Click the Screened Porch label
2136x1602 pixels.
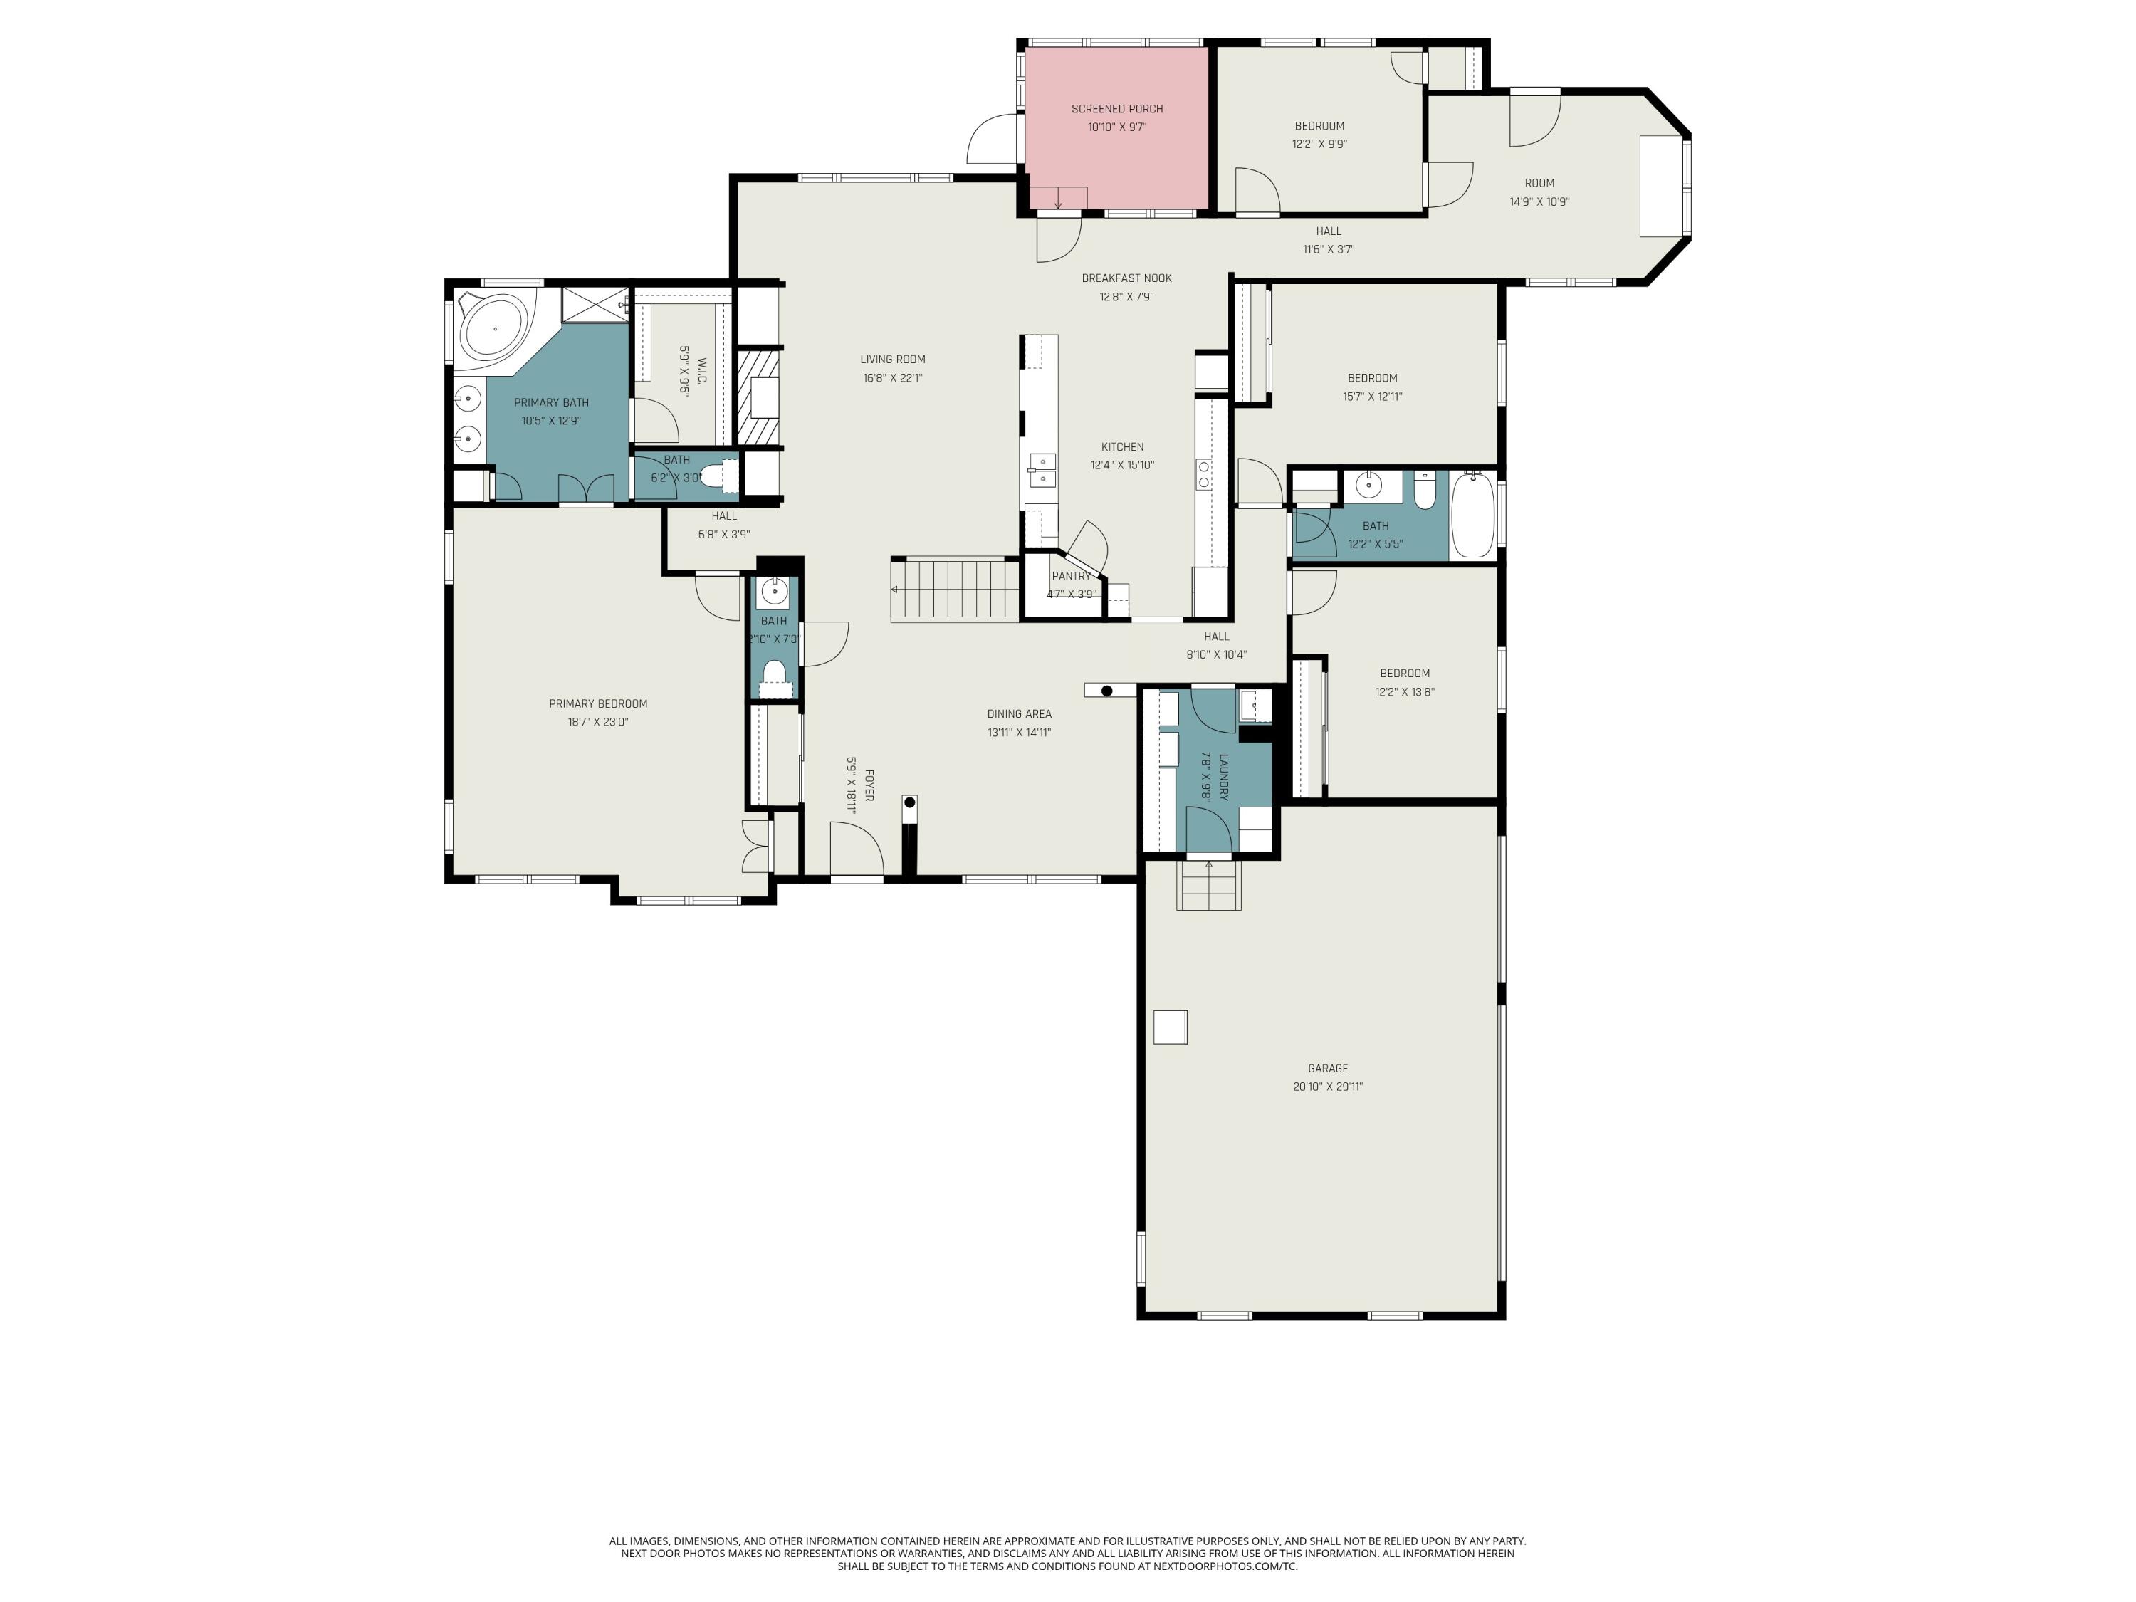coord(1116,109)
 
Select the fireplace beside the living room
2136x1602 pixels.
coord(758,397)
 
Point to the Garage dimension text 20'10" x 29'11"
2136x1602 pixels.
coord(1328,1087)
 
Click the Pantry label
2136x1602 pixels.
coord(1071,577)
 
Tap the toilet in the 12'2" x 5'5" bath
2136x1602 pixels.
coord(1424,491)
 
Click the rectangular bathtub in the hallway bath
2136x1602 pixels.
coord(1472,515)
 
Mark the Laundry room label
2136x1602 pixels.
coord(1223,778)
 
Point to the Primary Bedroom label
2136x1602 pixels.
coord(598,704)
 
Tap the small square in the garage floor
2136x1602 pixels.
coord(1171,1027)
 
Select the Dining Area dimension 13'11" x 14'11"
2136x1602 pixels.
coord(1019,733)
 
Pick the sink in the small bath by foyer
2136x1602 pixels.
coord(773,590)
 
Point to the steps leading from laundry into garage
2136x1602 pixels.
coord(1208,886)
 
